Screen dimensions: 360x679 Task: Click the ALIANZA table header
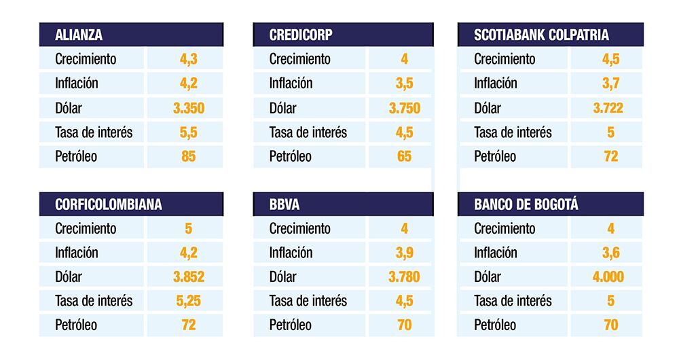(x=79, y=35)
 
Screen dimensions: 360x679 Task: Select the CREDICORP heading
(x=301, y=35)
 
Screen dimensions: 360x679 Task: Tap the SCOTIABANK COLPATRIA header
(x=541, y=35)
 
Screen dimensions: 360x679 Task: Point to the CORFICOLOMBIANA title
(x=109, y=204)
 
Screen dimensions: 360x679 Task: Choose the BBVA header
(x=285, y=204)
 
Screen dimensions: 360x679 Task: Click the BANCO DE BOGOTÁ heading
(x=526, y=204)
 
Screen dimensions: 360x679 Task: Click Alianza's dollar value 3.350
(x=188, y=107)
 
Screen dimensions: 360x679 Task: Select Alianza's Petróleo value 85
(x=188, y=156)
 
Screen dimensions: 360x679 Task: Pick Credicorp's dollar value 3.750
(x=404, y=107)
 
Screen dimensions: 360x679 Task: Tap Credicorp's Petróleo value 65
(x=404, y=156)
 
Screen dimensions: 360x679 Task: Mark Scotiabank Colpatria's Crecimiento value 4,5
(x=610, y=59)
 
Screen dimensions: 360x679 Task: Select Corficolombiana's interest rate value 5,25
(x=188, y=301)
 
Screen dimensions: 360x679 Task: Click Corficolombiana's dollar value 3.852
(x=188, y=276)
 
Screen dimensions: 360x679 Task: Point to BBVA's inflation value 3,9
(x=404, y=253)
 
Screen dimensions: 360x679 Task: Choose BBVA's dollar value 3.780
(x=404, y=276)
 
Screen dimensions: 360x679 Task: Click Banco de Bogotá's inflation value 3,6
(x=610, y=253)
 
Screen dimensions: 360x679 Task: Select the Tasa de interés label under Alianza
(x=94, y=132)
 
